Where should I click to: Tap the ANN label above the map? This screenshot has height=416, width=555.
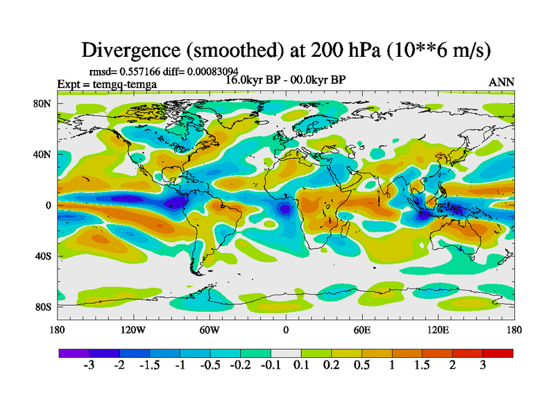pos(502,82)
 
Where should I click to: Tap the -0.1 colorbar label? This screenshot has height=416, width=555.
pos(271,365)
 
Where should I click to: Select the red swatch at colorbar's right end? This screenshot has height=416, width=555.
pos(498,353)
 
